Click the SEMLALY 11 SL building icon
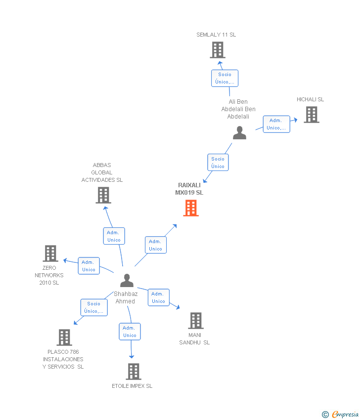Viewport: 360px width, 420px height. coord(218,50)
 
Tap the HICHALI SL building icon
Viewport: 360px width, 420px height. coord(311,115)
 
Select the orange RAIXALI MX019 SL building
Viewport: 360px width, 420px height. coord(191,208)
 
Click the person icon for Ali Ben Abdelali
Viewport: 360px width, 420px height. coord(239,133)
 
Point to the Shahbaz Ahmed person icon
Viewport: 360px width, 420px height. coord(127,281)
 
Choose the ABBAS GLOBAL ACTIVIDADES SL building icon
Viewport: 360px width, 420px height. coord(103,195)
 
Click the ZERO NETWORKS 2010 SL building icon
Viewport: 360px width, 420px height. coord(50,253)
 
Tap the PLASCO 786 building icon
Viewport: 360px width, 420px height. coord(64,337)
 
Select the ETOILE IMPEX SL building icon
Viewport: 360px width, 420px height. coord(133,371)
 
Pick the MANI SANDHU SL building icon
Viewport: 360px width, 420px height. coord(196,321)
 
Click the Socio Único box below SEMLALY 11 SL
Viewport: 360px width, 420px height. coord(225,78)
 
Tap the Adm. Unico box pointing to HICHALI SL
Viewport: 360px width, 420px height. coord(276,124)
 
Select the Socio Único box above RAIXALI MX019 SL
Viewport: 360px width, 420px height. coord(218,163)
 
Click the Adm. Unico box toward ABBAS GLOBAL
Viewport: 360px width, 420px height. coord(114,236)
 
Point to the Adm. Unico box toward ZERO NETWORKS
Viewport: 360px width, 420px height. coord(89,266)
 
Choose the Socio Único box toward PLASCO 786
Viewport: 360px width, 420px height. coord(93,307)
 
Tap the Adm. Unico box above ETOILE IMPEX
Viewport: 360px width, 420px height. coord(130,332)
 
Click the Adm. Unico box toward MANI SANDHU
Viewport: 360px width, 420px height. coord(158,297)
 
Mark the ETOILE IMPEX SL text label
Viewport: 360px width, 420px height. coord(132,386)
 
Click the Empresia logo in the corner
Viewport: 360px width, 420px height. coord(341,414)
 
